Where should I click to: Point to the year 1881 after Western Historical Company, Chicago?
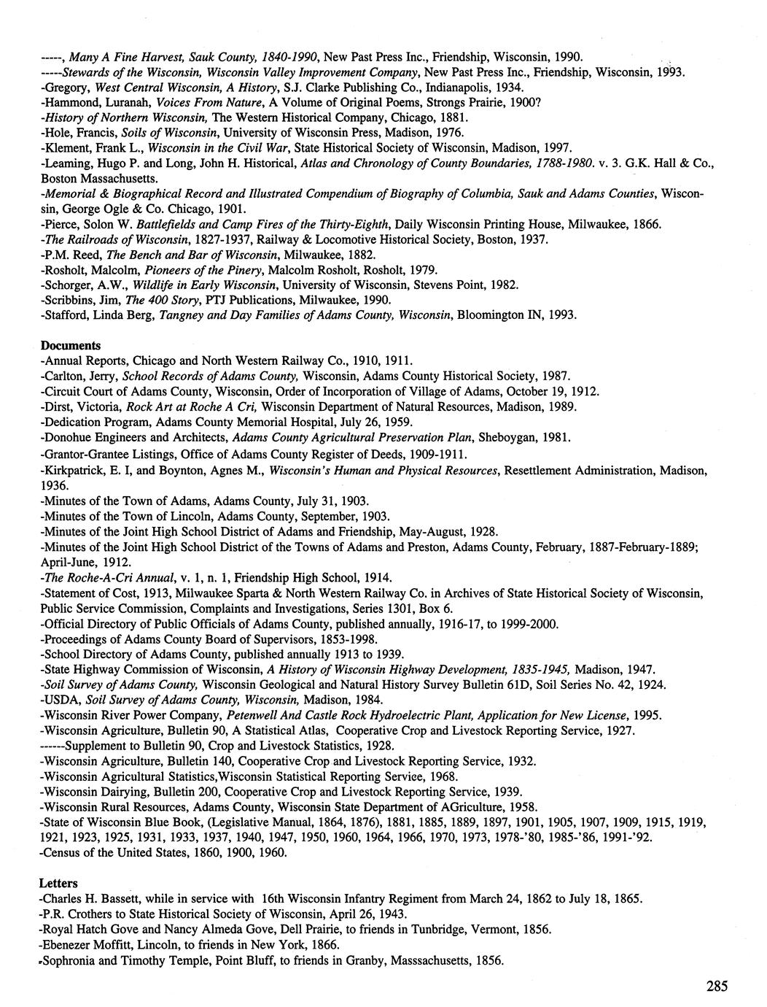[451, 117]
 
